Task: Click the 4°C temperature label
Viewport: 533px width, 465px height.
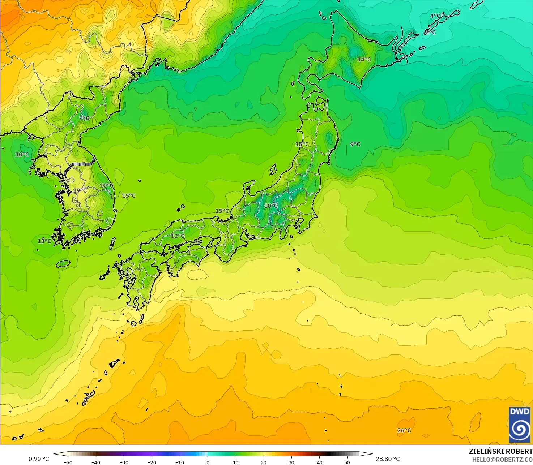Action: (435, 16)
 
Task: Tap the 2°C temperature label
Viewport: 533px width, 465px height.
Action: (430, 32)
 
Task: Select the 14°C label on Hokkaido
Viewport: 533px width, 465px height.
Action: (364, 59)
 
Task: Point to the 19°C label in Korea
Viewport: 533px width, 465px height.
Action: (80, 190)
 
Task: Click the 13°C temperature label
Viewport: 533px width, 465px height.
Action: (44, 241)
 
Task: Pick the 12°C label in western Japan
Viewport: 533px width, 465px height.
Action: (178, 236)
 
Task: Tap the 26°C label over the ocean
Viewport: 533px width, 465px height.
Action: (404, 430)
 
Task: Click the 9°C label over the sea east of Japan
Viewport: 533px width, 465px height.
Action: (355, 144)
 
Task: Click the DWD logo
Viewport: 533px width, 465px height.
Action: (520, 425)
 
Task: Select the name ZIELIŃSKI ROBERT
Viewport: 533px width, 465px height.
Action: (500, 451)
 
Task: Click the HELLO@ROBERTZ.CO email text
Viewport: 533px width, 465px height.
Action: (502, 459)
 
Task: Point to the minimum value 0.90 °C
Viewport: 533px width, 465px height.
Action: (39, 459)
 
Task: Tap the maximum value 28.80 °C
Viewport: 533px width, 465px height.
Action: (388, 459)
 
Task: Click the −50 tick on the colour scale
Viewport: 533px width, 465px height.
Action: (68, 462)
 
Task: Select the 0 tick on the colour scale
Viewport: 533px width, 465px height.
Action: (208, 462)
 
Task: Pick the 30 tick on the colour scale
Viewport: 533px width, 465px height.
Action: (291, 462)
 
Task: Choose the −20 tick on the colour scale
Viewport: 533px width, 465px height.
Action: (152, 462)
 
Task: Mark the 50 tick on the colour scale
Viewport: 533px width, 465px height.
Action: (347, 462)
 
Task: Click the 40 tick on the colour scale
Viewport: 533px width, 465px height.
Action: (319, 462)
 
